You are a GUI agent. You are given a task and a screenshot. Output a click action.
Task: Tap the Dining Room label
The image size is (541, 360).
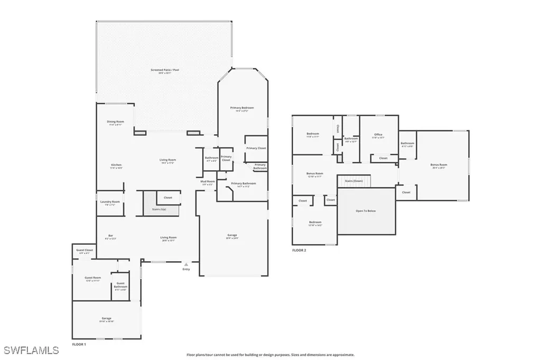(x=116, y=122)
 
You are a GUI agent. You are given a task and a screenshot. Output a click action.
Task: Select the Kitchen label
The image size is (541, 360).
(x=116, y=165)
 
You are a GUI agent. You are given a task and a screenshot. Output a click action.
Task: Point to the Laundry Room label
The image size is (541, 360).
(x=110, y=202)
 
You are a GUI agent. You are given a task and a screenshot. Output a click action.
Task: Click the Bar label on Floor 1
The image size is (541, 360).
(x=111, y=236)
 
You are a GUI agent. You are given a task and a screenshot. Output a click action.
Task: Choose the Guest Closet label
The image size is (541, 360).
(x=85, y=250)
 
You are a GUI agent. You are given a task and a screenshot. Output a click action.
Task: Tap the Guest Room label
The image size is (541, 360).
(x=93, y=278)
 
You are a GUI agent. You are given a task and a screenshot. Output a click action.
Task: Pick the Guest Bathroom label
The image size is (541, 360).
(x=120, y=284)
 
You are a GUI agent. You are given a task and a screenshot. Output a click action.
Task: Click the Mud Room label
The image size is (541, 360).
(x=207, y=182)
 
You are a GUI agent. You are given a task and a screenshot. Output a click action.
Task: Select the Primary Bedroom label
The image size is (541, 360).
(x=242, y=108)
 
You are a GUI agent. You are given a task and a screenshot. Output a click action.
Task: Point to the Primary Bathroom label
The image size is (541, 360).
(x=244, y=183)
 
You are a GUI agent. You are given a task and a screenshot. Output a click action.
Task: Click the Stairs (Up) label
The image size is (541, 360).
(x=159, y=209)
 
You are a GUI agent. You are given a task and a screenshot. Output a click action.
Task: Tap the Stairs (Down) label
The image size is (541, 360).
(x=353, y=181)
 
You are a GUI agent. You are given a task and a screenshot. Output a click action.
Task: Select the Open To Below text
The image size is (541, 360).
(x=366, y=210)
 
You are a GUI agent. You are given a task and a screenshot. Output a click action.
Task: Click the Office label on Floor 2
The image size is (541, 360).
(x=378, y=135)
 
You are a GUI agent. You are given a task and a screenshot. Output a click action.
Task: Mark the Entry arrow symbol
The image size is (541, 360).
(x=185, y=264)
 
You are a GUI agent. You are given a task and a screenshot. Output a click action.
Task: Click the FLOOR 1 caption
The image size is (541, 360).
(x=79, y=344)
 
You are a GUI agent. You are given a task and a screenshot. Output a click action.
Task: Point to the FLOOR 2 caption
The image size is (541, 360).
(x=299, y=250)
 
